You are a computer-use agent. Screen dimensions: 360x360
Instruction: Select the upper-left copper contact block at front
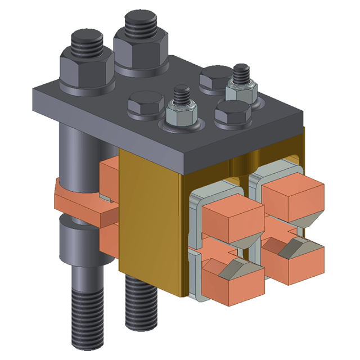click(x=232, y=215)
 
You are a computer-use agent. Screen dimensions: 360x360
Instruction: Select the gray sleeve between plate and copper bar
click(x=79, y=149)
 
